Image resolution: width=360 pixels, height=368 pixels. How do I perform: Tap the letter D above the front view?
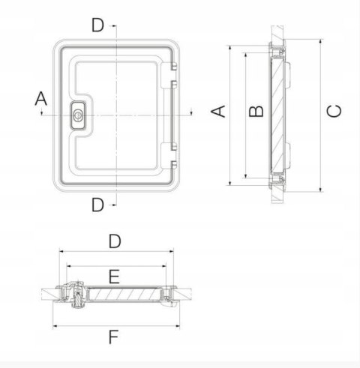coord(97,25)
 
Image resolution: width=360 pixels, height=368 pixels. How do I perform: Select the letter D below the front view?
coord(97,205)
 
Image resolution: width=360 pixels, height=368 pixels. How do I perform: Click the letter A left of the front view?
coord(41,98)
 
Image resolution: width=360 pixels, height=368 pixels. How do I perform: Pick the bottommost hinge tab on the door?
coord(172,166)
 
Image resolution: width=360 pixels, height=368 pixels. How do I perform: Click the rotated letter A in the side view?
coord(218,111)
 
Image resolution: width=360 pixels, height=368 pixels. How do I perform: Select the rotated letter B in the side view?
coord(256,111)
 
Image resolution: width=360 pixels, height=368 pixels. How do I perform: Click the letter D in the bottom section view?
coord(114,241)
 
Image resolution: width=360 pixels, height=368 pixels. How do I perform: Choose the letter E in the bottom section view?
coord(114,277)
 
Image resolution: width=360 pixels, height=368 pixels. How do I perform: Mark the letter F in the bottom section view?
coord(113,337)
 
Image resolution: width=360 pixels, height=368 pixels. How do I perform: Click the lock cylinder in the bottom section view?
coord(76,298)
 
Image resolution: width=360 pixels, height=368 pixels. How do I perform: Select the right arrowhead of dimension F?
coord(177,326)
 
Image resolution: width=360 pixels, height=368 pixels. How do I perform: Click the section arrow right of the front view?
coord(192,112)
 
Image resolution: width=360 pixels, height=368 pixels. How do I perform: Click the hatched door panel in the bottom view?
coord(124,297)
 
